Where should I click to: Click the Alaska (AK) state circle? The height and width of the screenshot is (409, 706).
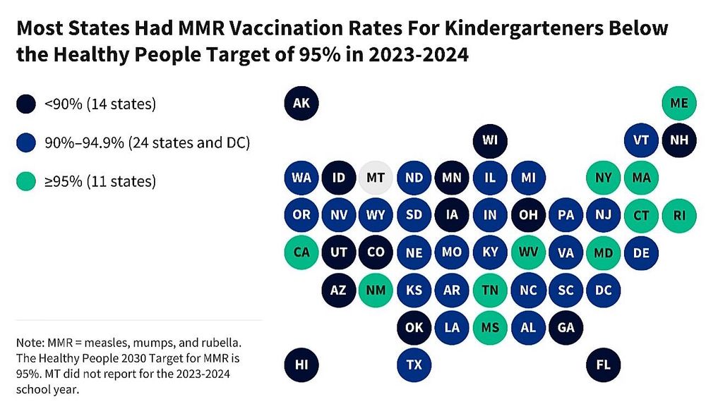pos(301,104)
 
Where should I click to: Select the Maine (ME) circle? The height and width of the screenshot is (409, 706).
pos(679,104)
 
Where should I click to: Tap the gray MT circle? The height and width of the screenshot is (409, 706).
pos(376,178)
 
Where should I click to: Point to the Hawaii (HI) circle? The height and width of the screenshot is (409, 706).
pos(301,365)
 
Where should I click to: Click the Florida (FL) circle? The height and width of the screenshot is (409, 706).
pos(604,365)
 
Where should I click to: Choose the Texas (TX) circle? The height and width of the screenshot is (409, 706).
pos(414,365)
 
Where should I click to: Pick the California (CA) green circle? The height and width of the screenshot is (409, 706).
pos(301,252)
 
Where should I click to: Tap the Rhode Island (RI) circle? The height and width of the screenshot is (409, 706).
pos(679,214)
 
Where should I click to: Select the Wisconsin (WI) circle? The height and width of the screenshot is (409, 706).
pos(490,140)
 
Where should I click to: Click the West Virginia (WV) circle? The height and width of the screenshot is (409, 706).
pos(528,252)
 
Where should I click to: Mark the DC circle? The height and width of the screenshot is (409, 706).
pos(604,289)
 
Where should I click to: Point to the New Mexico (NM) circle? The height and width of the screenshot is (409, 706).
pos(376,289)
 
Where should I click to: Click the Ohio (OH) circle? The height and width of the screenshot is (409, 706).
pos(528,214)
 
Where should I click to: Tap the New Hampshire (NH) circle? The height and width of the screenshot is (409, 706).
pos(679,140)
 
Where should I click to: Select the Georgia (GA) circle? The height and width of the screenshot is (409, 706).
pos(566,326)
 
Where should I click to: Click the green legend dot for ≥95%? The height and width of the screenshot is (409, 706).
pos(26,181)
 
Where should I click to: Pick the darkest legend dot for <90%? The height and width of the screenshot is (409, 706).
pos(26,104)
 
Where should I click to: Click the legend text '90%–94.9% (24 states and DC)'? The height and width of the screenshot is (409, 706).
pos(147,143)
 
